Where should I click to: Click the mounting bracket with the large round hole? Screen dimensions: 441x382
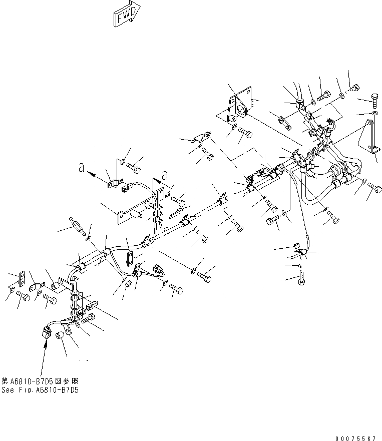(x=237, y=109)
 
